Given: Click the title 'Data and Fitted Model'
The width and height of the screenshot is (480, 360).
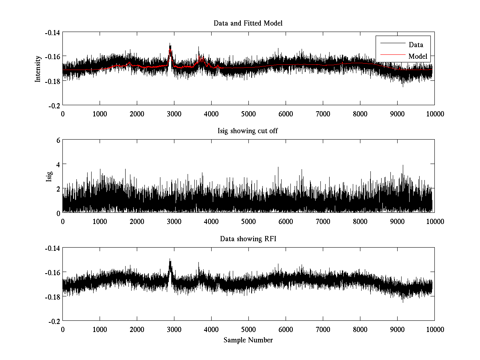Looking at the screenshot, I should (248, 23).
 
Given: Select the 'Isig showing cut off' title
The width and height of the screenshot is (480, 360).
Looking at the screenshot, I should (248, 131).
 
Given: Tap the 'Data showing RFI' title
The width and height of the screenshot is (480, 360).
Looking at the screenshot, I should (248, 239).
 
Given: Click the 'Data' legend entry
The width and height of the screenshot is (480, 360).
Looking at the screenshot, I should (416, 45).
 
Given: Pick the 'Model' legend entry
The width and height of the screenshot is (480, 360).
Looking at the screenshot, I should (418, 56).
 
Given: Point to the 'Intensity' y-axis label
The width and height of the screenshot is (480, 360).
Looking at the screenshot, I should (38, 68).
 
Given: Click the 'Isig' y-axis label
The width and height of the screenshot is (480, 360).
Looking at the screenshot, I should (49, 176).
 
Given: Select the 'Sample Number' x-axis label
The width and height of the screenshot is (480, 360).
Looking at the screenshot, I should (248, 340).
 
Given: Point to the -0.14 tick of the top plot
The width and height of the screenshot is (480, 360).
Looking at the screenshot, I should (53, 32).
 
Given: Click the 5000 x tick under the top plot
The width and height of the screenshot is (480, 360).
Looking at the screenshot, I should (248, 114).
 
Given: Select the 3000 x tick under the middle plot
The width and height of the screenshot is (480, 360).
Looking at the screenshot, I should (174, 221).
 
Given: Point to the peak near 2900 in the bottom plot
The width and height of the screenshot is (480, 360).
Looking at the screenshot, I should (170, 260).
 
